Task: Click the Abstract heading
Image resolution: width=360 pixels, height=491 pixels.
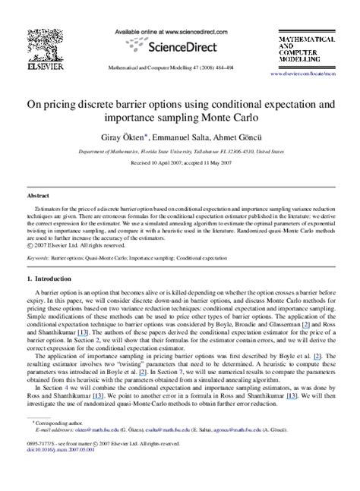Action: pos(39,195)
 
